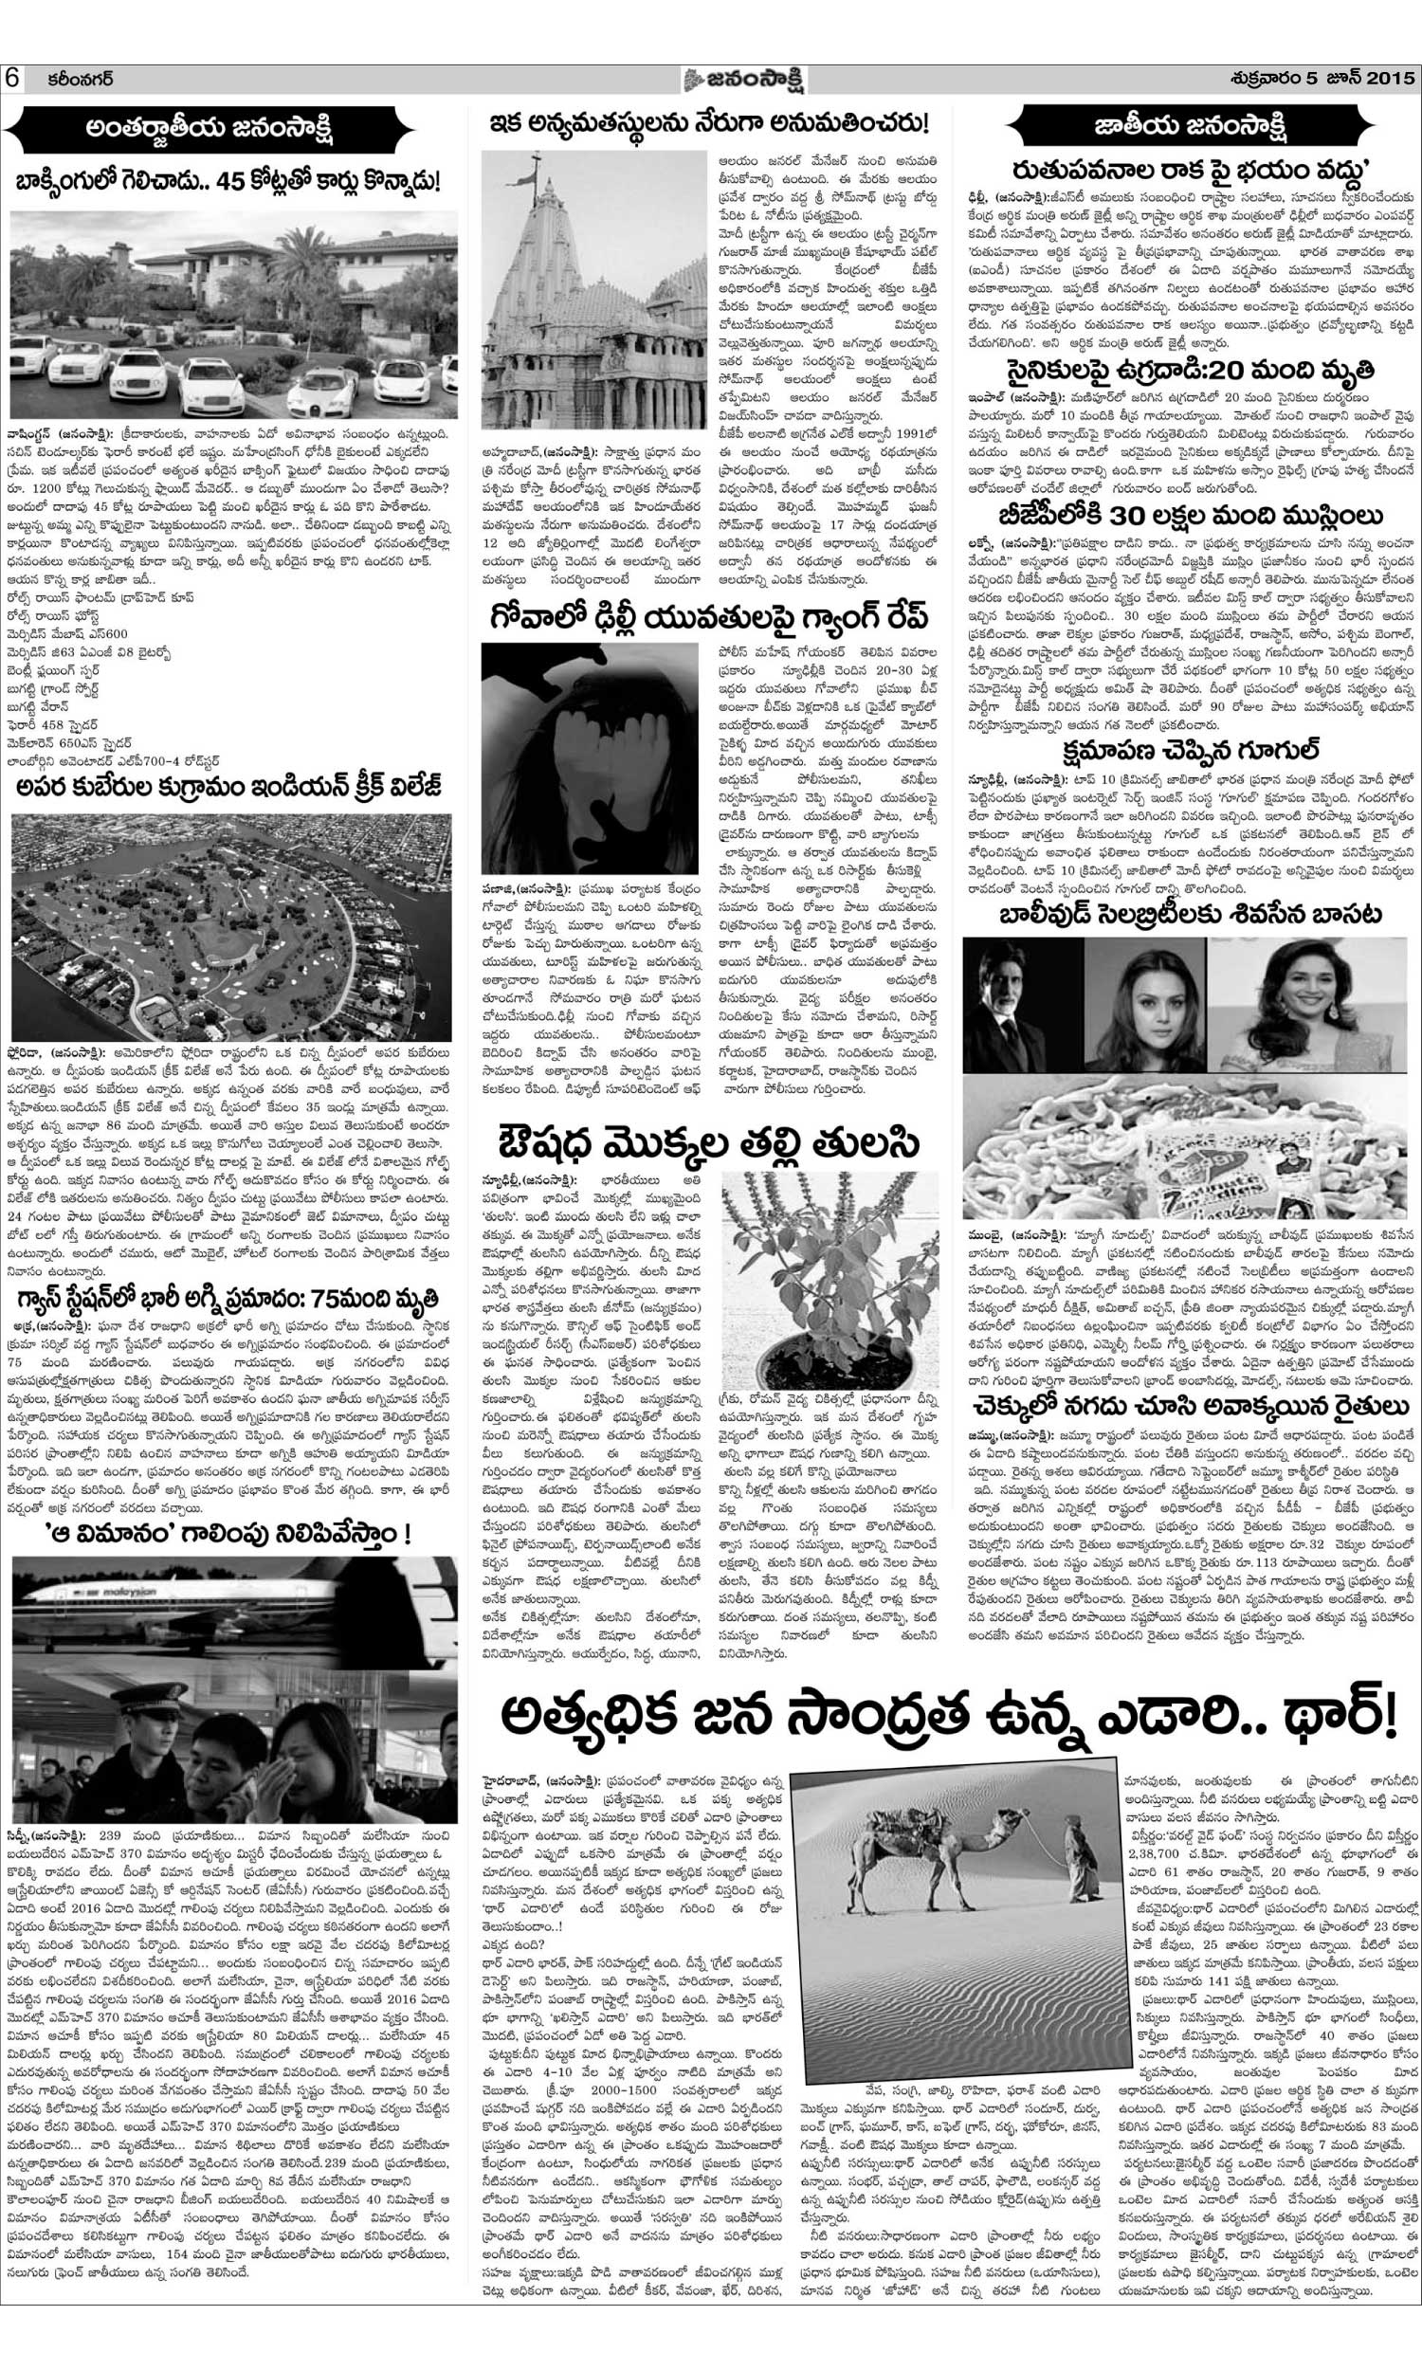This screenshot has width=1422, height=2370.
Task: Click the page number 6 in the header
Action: [12, 78]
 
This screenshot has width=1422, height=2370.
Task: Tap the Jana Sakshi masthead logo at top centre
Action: [708, 78]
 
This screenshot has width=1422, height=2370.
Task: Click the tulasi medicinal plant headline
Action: [708, 1143]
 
